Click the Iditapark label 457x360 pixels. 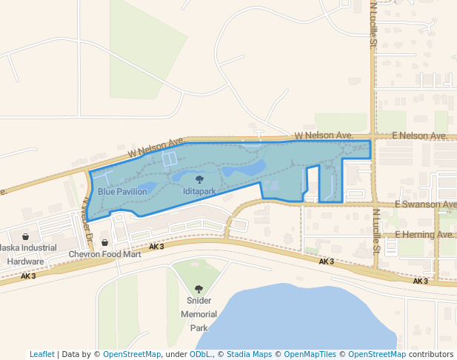point(199,191)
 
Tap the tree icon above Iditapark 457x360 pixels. point(199,179)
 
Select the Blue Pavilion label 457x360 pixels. point(122,191)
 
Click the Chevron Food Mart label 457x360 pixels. point(104,254)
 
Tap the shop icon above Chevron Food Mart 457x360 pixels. point(104,242)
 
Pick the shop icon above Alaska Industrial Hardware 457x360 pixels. point(25,236)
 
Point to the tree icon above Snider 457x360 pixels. point(199,289)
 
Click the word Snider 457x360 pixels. point(199,301)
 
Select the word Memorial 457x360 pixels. point(199,314)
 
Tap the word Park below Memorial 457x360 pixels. point(199,327)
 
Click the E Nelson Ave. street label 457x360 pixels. point(420,136)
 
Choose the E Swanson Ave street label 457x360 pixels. point(426,204)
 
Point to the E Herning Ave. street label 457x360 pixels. point(424,235)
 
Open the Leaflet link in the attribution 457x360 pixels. point(41,354)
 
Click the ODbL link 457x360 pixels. point(199,354)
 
